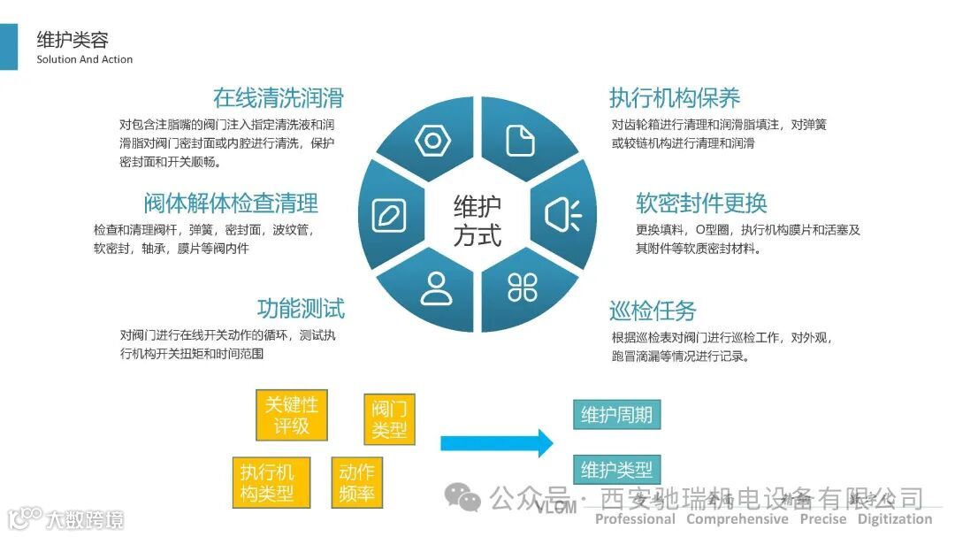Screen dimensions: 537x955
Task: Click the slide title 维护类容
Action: (x=73, y=40)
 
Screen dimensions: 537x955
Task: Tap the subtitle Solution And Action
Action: (x=85, y=60)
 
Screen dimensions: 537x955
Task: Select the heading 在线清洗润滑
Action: (x=278, y=97)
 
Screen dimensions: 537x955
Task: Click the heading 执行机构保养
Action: (x=675, y=97)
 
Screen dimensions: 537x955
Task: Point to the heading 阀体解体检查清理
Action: (x=231, y=203)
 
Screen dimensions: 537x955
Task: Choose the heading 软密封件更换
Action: (x=701, y=203)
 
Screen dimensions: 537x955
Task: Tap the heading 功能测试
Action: (x=301, y=309)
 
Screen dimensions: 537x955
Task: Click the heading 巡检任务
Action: (x=653, y=311)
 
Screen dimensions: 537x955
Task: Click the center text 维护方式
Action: (x=477, y=221)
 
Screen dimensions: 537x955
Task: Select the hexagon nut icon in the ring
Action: (x=432, y=141)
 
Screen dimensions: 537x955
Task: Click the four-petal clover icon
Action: (x=522, y=287)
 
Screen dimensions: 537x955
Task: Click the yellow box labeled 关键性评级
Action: (x=291, y=415)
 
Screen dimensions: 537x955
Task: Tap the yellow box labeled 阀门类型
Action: (x=389, y=418)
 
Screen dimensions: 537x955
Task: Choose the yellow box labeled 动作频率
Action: (x=357, y=483)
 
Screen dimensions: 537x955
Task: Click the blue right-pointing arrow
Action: (x=496, y=442)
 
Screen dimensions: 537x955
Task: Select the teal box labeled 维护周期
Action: (x=616, y=414)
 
